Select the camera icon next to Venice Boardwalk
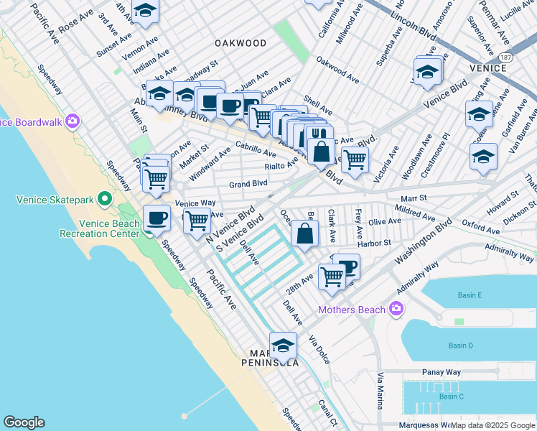72,121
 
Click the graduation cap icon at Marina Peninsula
284,346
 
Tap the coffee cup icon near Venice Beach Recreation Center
156,218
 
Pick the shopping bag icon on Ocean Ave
305,233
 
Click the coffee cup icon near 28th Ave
347,267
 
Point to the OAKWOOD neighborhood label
241,43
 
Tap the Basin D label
461,346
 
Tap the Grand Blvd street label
248,185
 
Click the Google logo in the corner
24,422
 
